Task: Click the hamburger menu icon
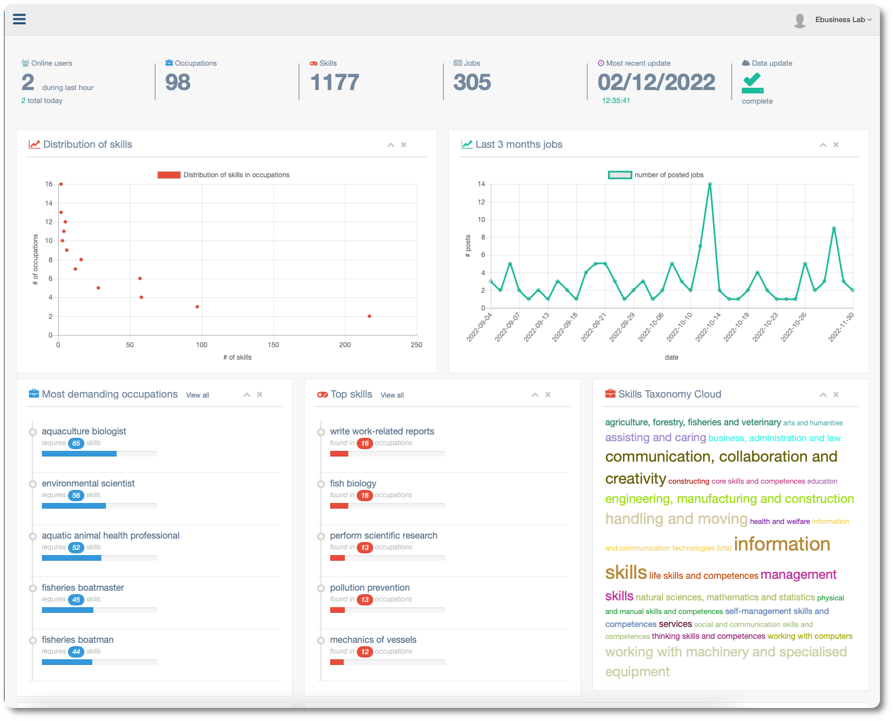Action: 19,19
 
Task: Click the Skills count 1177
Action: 335,83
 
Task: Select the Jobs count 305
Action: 472,83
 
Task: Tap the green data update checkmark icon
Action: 753,83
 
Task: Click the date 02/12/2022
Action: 656,83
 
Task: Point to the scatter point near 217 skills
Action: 369,316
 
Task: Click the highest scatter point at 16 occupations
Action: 61,184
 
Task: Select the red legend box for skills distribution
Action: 169,175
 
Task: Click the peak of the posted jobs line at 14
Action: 710,184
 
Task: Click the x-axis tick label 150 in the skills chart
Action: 274,345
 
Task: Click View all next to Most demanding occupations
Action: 198,395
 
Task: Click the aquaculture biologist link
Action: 84,432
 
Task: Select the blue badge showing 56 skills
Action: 76,496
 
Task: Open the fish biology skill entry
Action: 353,484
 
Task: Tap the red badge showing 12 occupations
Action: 365,652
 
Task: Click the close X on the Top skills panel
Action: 548,395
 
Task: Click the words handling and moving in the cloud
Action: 676,519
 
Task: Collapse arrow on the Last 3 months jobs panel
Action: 823,145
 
